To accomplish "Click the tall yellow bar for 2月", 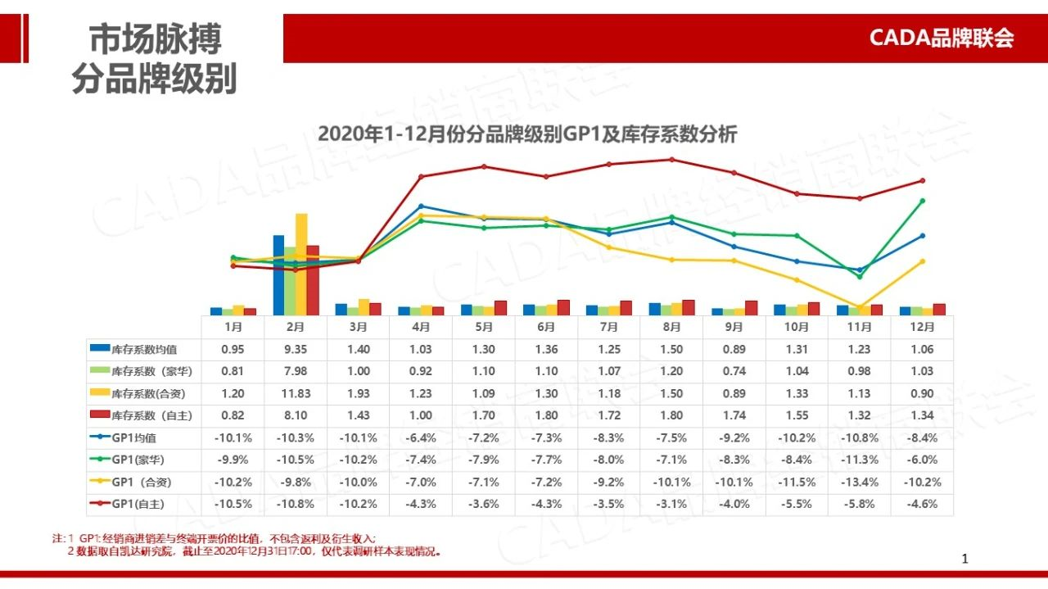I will (x=301, y=264).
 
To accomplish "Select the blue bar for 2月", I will (x=278, y=274).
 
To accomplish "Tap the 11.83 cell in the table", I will (x=296, y=393).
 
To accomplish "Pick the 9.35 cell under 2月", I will (x=296, y=349).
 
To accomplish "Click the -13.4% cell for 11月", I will (x=859, y=482).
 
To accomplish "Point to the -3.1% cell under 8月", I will (x=671, y=504).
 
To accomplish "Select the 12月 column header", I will (x=922, y=326).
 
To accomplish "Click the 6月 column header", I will (x=546, y=326).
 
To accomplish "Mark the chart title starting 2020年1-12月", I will (x=526, y=134).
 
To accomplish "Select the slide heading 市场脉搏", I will (x=155, y=39).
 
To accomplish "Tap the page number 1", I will (x=964, y=560).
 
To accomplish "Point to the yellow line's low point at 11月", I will (x=860, y=307).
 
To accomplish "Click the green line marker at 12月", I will (x=923, y=201).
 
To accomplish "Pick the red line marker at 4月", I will (x=421, y=176).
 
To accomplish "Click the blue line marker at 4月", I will (x=421, y=206).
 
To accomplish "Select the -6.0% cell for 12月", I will (x=922, y=460).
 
